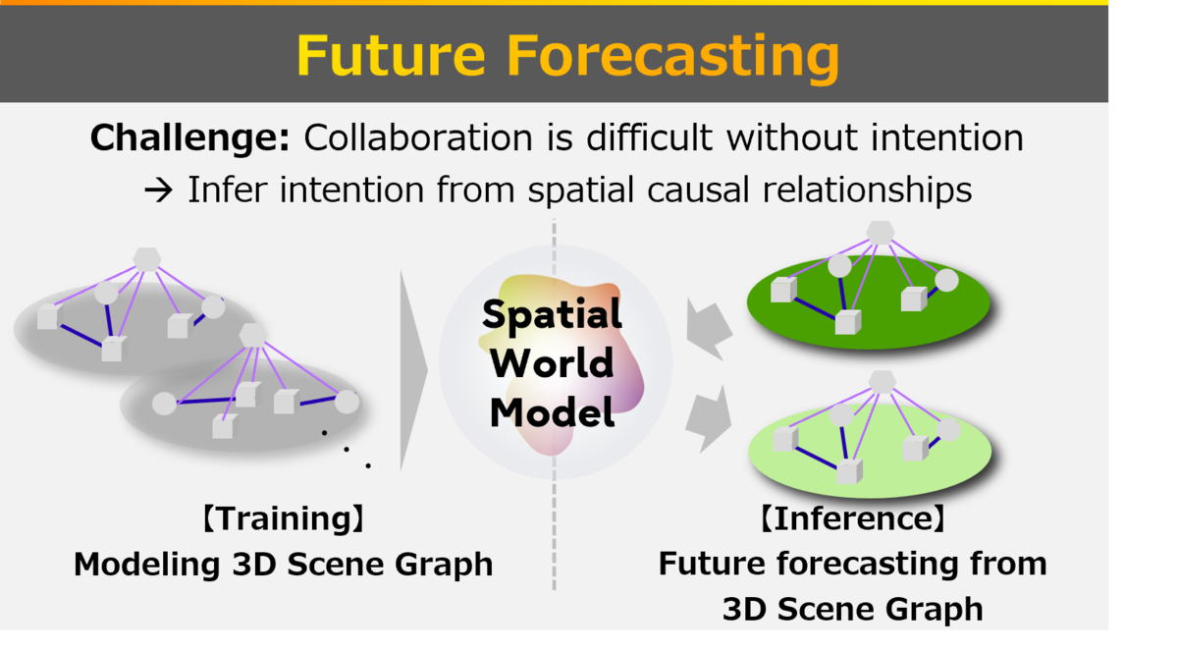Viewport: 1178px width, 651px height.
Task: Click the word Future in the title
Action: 392,56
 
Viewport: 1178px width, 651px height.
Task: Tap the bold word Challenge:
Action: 189,138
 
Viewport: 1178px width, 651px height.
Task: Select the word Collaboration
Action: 418,137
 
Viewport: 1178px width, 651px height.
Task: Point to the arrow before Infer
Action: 158,190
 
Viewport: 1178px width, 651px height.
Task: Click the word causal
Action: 698,190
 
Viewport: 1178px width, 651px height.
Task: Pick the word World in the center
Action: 552,363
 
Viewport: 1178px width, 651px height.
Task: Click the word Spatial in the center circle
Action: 552,315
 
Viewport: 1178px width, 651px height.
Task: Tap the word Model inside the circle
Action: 552,412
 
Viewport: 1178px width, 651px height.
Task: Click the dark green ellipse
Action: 868,302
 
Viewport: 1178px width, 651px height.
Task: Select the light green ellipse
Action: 870,451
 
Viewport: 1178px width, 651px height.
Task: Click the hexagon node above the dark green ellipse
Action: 881,233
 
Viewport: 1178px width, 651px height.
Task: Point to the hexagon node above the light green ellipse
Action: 882,382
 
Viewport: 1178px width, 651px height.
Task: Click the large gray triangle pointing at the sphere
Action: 413,371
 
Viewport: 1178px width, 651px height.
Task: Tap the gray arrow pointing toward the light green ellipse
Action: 710,419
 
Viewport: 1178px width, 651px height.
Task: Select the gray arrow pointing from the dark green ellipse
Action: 710,329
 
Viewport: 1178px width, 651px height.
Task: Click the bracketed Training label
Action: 284,519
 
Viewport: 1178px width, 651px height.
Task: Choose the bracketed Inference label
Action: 853,518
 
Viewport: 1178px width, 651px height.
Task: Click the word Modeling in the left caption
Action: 146,565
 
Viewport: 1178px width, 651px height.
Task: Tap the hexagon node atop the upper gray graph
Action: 147,259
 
